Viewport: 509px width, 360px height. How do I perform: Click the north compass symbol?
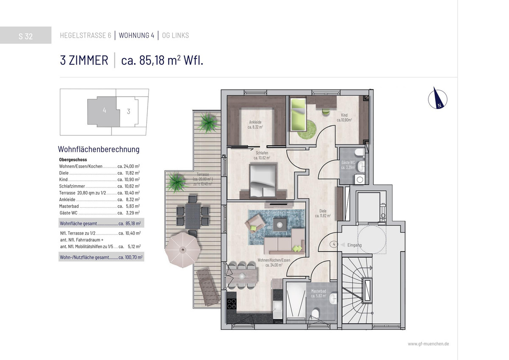pos(437,99)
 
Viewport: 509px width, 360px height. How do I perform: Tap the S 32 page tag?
pos(26,36)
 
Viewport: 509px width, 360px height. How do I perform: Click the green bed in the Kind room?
pos(298,115)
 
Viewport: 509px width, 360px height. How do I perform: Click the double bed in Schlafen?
pos(263,180)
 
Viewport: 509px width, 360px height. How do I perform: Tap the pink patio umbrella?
pos(183,249)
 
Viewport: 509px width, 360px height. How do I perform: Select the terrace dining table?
pos(193,216)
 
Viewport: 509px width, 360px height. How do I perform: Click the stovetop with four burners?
pos(232,304)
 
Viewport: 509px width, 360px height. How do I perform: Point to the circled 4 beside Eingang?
pos(334,244)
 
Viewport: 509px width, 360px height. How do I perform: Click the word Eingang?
pos(355,245)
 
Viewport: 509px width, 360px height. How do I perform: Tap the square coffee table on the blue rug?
pos(280,225)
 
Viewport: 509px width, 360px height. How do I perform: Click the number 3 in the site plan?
pos(129,111)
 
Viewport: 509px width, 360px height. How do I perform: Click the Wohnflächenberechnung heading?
pos(98,149)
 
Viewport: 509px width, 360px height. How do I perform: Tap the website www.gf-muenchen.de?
pos(428,343)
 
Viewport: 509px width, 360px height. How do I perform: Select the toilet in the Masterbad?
pos(315,314)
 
